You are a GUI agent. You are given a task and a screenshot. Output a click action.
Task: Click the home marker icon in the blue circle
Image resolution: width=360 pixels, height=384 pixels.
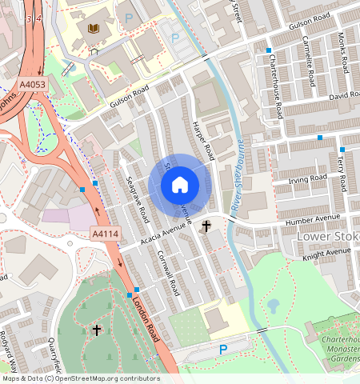[180, 185]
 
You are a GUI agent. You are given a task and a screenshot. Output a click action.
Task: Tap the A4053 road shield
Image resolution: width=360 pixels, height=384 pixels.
[33, 83]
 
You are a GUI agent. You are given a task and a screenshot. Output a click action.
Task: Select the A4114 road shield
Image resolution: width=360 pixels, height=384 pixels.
[104, 233]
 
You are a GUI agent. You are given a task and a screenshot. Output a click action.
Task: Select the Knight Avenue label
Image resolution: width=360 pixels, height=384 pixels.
[327, 252]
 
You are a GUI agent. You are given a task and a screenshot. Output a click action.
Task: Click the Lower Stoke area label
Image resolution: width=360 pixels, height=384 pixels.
[327, 237]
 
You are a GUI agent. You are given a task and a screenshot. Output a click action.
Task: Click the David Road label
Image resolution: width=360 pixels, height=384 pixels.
[344, 96]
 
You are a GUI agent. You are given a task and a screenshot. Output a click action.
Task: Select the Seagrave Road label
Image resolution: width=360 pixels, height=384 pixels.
[137, 199]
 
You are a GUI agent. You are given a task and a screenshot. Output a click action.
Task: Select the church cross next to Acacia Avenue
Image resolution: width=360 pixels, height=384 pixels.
[206, 226]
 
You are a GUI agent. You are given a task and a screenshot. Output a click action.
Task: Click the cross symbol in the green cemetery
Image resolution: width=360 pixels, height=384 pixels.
[97, 330]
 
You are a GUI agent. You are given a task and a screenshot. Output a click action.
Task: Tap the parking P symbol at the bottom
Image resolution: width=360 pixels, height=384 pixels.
[223, 349]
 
